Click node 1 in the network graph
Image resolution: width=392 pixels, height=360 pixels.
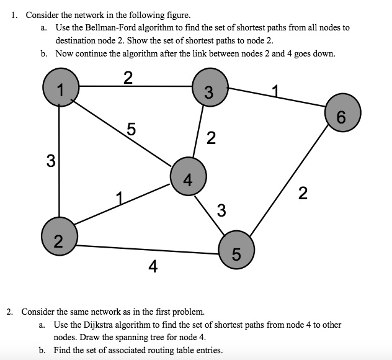point(59,88)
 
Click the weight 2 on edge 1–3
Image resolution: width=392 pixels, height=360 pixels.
point(127,78)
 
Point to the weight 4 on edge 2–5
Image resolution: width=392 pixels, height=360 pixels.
point(153,267)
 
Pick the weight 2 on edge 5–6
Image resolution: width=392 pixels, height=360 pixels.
point(301,194)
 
